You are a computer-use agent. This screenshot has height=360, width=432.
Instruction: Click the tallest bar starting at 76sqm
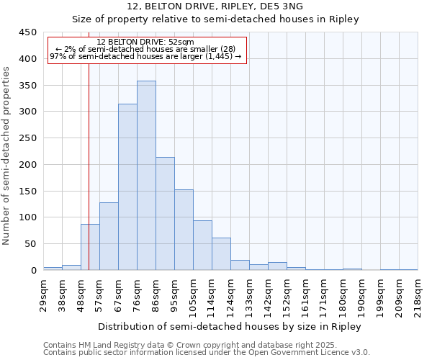[x=146, y=176]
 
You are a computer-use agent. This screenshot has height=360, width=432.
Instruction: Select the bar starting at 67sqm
[x=127, y=187]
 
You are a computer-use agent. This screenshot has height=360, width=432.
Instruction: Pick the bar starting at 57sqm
[x=109, y=236]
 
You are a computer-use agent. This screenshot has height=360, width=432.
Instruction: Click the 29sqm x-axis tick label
[x=43, y=294]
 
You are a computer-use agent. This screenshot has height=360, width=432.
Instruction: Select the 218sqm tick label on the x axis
[x=418, y=294]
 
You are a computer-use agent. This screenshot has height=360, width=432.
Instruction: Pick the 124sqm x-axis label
[x=230, y=294]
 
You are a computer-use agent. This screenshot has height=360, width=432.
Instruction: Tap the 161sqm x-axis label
[x=305, y=294]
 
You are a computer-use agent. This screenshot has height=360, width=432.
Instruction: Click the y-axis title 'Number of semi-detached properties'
[x=7, y=156]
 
